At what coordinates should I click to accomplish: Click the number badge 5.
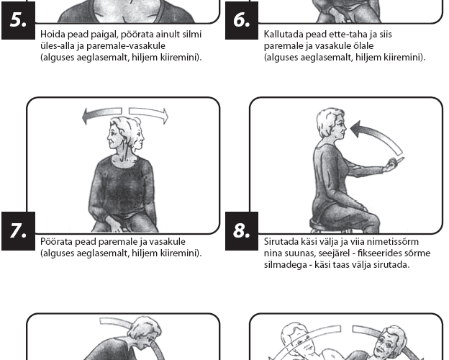(18, 20)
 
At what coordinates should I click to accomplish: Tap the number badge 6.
(242, 20)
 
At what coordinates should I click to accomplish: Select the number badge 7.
(18, 231)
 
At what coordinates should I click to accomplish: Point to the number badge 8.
(242, 231)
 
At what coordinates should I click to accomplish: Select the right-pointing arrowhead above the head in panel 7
(165, 116)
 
